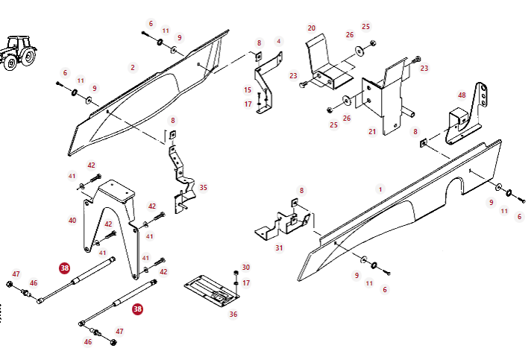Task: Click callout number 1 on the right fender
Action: [380, 189]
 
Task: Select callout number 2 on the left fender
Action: [133, 67]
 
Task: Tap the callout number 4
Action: [279, 41]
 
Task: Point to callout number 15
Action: [248, 89]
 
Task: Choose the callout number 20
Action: [312, 28]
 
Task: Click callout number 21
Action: [372, 132]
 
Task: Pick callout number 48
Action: [462, 95]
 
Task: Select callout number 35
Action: [204, 188]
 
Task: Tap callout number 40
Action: [72, 220]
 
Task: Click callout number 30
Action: [246, 267]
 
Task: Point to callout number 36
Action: [233, 315]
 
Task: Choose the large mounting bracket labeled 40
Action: [112, 216]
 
